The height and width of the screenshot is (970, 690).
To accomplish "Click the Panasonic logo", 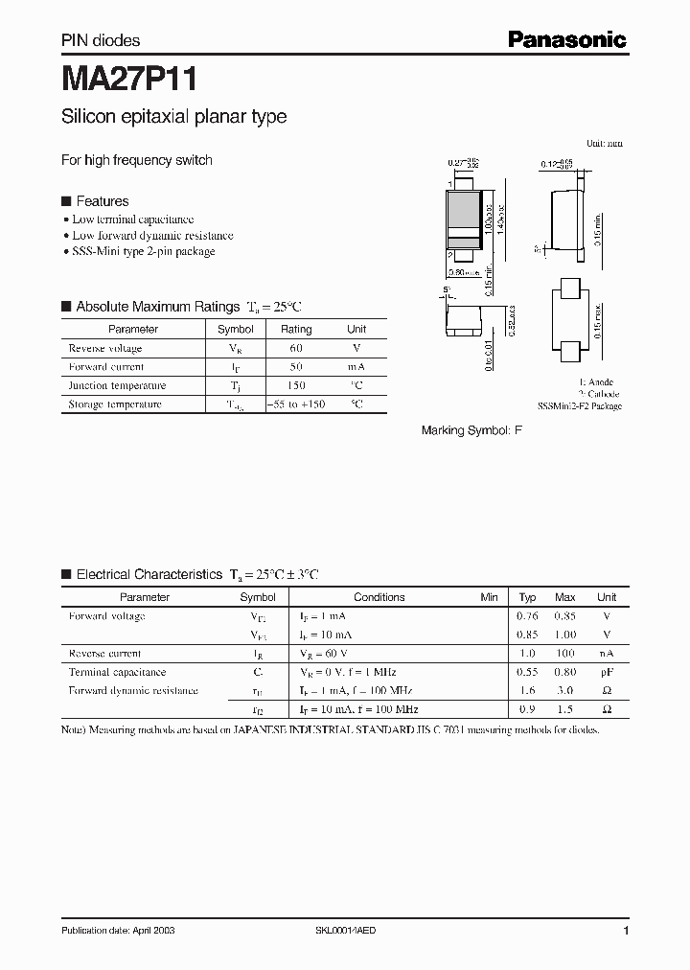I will click(x=566, y=39).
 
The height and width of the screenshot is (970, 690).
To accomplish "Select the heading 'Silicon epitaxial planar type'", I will click(x=173, y=117).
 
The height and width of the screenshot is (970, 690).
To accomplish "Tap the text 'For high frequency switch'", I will click(x=137, y=160).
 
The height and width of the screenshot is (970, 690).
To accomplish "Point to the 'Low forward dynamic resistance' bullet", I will click(x=152, y=235).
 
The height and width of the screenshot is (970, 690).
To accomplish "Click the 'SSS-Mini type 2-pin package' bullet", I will click(x=144, y=251).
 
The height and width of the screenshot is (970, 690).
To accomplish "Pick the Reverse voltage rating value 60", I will click(x=295, y=348).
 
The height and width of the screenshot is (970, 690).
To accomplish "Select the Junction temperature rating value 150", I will click(x=295, y=385).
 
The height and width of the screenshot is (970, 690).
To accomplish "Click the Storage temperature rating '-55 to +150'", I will click(x=295, y=404).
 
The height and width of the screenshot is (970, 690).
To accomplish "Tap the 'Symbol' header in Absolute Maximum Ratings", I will click(x=236, y=329).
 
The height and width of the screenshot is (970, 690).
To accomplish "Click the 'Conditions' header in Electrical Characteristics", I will click(x=379, y=597).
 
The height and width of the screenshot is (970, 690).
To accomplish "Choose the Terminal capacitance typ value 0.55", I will click(x=527, y=673).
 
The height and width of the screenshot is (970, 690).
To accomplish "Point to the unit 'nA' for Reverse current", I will click(x=607, y=654).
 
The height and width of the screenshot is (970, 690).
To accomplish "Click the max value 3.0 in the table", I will click(x=565, y=691).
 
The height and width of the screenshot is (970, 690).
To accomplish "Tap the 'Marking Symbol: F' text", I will click(x=471, y=431).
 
